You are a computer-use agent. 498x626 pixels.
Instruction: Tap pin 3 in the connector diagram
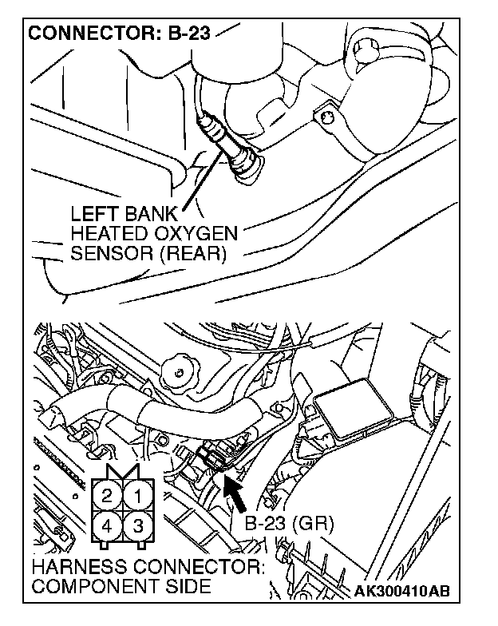(137, 526)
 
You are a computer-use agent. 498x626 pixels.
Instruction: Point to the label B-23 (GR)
(289, 524)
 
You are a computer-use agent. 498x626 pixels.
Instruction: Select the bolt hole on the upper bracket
(326, 118)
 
